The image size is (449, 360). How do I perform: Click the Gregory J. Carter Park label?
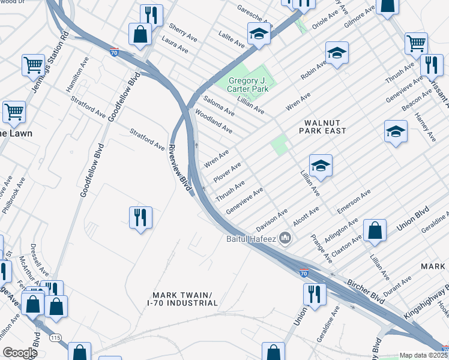click(x=246, y=85)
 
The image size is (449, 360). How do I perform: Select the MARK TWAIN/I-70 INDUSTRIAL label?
click(x=182, y=299)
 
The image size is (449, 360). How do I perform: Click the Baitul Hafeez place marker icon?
click(x=286, y=239)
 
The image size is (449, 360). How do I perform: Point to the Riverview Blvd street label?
click(x=180, y=169)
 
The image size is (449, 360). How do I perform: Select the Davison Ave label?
click(x=272, y=220)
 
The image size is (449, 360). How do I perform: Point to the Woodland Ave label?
click(x=214, y=121)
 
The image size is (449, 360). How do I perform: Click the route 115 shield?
click(x=56, y=338)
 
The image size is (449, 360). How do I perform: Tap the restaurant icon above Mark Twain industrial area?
click(x=140, y=217)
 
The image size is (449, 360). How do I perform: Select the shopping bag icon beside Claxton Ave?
click(x=375, y=230)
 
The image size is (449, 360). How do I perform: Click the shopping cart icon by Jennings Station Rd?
click(x=34, y=64)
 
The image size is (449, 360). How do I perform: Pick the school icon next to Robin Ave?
click(x=337, y=53)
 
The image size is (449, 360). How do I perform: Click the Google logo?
click(x=20, y=353)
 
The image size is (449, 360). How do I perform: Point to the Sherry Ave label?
click(x=183, y=32)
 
